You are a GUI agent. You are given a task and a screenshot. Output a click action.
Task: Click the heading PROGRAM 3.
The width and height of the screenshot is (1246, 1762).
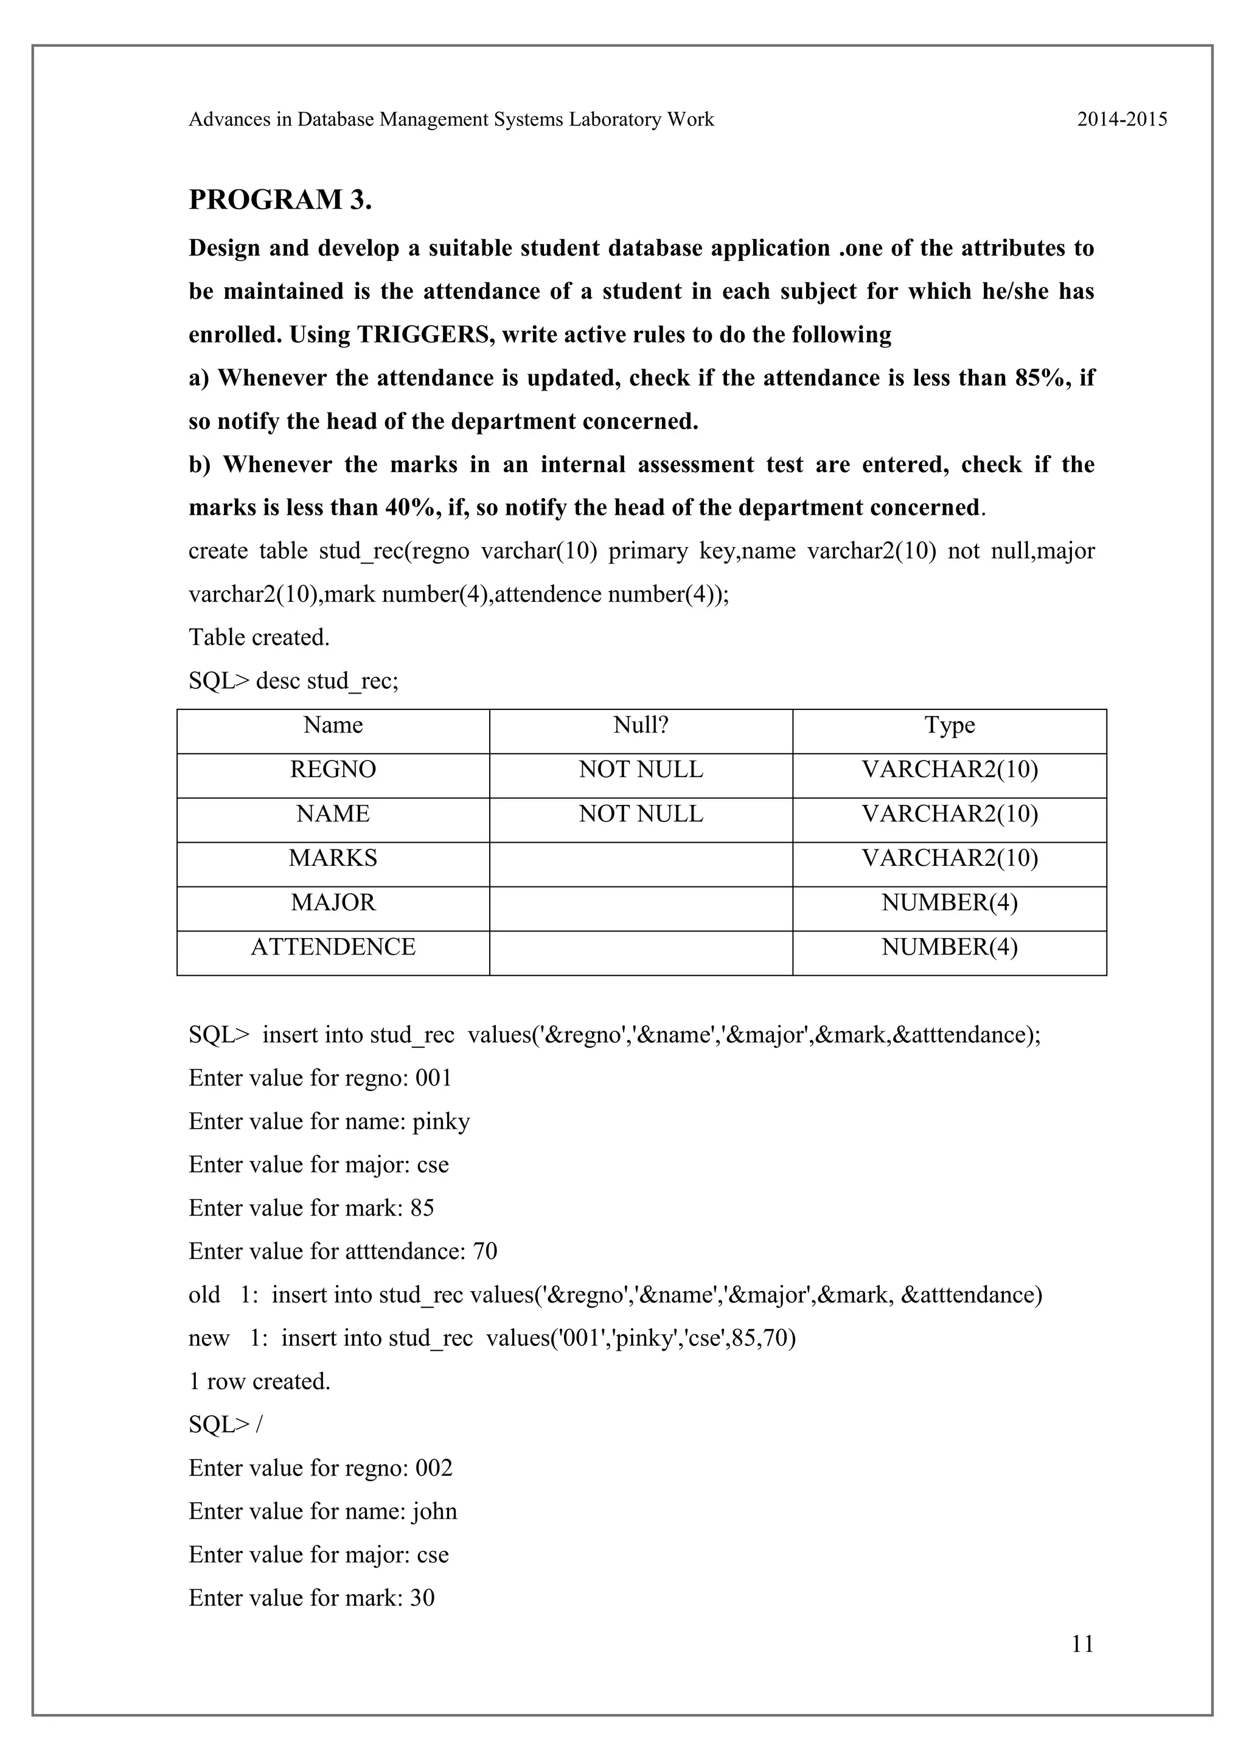280,200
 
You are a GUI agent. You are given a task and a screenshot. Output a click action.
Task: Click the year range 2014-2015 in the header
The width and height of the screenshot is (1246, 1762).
1122,120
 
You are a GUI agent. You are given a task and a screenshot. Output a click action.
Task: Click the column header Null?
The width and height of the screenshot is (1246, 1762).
641,725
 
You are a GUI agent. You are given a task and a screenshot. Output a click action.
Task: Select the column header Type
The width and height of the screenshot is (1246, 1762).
949,725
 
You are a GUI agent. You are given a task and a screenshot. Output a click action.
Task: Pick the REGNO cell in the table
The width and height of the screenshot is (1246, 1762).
333,770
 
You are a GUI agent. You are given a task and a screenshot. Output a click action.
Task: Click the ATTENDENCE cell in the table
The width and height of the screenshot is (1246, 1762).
333,947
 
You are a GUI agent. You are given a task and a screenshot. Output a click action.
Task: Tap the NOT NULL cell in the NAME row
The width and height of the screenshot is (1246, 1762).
641,814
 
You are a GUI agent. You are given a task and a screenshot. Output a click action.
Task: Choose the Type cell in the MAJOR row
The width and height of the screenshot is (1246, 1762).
949,902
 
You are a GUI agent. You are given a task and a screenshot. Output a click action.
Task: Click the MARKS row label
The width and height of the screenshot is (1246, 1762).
333,858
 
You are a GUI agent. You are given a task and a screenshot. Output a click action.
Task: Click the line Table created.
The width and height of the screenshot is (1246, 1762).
259,638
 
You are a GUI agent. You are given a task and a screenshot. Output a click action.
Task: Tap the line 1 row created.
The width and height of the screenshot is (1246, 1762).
259,1381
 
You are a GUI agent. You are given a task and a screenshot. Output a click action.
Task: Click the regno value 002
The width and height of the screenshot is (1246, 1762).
434,1468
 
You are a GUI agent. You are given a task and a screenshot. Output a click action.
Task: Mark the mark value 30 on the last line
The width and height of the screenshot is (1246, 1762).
422,1598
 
